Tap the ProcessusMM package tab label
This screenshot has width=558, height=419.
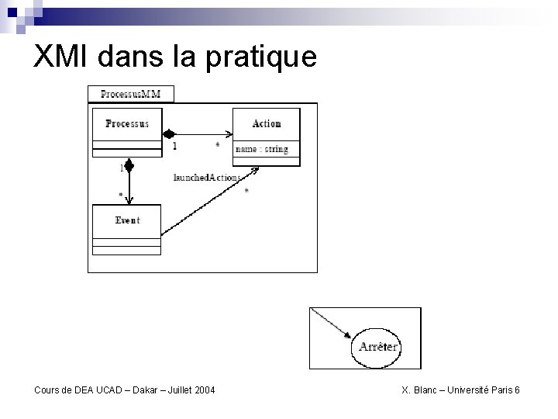(x=131, y=95)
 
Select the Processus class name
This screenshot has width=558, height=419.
(x=126, y=123)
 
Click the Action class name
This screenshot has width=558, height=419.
(x=267, y=123)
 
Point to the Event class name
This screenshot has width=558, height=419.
(x=127, y=220)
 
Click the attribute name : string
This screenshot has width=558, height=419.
(x=261, y=149)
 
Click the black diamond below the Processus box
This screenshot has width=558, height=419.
(x=129, y=165)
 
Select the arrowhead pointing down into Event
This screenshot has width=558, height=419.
(x=129, y=199)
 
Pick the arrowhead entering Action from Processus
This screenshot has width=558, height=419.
(x=226, y=132)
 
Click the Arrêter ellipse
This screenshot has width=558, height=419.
(x=378, y=346)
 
